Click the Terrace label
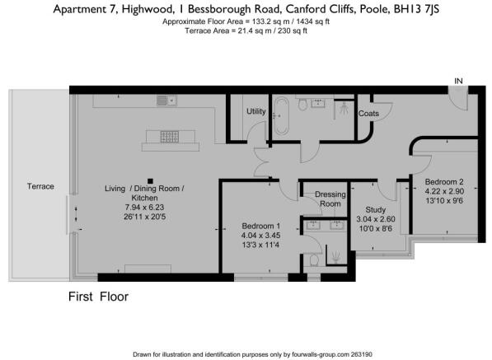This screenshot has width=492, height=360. (40, 186)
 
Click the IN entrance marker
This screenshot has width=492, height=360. (458, 81)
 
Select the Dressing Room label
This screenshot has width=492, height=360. (330, 199)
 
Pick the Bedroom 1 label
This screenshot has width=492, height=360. (261, 225)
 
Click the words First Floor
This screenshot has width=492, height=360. (98, 296)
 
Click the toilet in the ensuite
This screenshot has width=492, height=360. (313, 260)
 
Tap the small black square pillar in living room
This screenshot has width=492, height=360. (149, 181)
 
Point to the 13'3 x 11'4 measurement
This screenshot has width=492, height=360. (260, 245)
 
